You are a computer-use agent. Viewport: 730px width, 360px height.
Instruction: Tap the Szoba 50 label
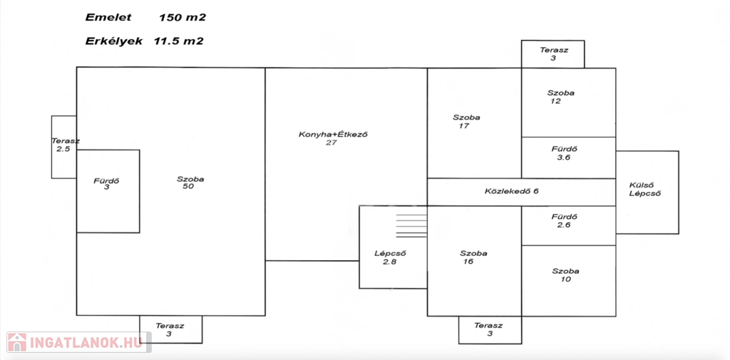point(190,183)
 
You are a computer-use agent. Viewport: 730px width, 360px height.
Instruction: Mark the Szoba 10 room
point(565,275)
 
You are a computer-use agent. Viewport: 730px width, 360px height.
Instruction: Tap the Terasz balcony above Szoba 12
point(552,53)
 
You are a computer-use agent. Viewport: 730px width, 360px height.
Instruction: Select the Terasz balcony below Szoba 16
point(490,329)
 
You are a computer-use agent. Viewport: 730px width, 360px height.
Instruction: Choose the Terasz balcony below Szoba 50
point(170,329)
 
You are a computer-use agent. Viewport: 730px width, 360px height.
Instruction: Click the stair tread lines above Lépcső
point(411,225)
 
